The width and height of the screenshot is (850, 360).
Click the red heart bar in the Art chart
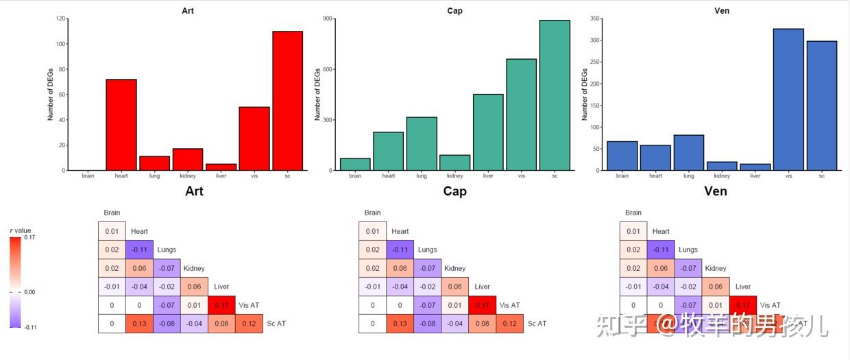(x=121, y=125)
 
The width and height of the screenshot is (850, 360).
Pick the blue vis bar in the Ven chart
(x=788, y=99)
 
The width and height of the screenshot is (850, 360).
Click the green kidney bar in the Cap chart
(x=454, y=163)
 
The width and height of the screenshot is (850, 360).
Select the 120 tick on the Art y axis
(x=62, y=19)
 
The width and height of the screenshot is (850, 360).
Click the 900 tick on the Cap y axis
(x=328, y=19)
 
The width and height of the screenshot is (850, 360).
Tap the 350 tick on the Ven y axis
(x=594, y=19)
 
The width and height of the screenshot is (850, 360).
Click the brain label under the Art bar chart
(x=88, y=176)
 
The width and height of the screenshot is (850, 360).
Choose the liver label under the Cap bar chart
(x=488, y=176)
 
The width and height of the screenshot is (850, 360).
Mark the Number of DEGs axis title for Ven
(x=585, y=95)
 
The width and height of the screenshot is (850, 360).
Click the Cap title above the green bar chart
(x=454, y=11)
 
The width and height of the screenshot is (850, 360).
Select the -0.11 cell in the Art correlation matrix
(x=139, y=250)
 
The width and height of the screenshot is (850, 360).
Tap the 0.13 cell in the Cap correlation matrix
(x=400, y=324)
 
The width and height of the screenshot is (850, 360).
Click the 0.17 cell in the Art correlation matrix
(x=221, y=305)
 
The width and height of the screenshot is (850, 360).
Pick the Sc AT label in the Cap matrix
(x=537, y=324)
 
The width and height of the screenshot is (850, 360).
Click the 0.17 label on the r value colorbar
(x=29, y=237)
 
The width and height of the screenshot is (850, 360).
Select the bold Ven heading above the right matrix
(x=716, y=191)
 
